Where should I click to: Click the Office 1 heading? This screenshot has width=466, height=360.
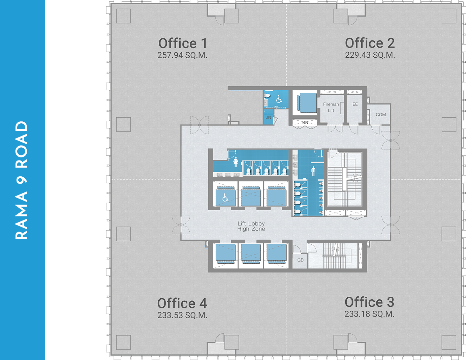[x=183, y=43]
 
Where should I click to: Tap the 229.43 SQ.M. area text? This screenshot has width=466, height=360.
[x=370, y=55]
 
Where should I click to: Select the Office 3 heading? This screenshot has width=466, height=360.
[x=369, y=302]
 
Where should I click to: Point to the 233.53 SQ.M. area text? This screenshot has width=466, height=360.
[x=182, y=315]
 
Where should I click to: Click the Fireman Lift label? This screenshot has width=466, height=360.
[x=331, y=107]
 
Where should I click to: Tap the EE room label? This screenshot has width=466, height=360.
[x=355, y=104]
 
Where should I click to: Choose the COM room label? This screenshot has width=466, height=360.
[x=381, y=115]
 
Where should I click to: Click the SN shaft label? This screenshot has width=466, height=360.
[x=305, y=122]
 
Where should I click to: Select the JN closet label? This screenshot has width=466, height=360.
[x=268, y=117]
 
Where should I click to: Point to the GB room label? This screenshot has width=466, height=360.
[x=300, y=260]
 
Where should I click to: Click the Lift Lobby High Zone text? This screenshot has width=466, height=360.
[x=251, y=226]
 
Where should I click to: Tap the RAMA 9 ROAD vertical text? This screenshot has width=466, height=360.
[x=22, y=180]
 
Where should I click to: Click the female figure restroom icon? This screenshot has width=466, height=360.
[x=236, y=162]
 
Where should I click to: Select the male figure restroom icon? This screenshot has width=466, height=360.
[x=313, y=171]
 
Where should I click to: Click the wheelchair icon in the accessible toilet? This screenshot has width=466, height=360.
[x=279, y=99]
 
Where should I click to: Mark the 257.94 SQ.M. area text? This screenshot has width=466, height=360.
[x=182, y=55]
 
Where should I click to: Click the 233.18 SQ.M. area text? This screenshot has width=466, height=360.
[x=369, y=314]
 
